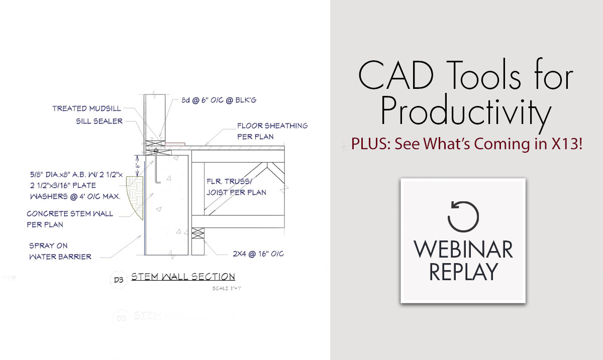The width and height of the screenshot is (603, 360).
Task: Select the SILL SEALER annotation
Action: [x=99, y=121]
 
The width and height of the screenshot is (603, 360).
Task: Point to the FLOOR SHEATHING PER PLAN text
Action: [x=272, y=131]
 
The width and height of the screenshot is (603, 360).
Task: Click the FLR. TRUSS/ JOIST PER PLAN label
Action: [x=236, y=186]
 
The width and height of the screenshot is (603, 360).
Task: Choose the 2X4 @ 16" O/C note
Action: [x=254, y=254]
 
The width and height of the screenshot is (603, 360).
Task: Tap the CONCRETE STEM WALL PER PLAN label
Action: [x=70, y=219]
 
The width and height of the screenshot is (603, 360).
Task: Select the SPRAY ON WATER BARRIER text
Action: [x=60, y=251]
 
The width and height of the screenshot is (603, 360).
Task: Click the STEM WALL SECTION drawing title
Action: [x=183, y=277]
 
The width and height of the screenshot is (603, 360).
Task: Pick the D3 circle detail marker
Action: [x=119, y=280]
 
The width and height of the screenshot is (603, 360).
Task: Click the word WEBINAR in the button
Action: [x=463, y=250]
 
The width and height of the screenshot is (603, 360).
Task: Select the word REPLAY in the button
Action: [x=463, y=272]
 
